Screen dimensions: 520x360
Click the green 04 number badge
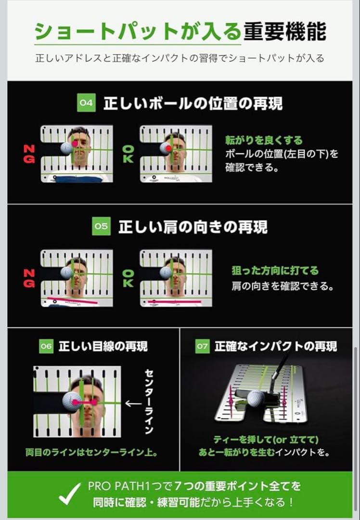pyautogui.click(x=87, y=104)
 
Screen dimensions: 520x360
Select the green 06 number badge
pyautogui.click(x=46, y=346)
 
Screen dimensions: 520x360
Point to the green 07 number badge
pyautogui.click(x=203, y=346)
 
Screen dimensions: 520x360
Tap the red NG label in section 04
pyautogui.click(x=29, y=154)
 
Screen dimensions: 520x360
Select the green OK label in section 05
pyautogui.click(x=128, y=278)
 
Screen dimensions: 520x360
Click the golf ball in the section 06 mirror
pyautogui.click(x=73, y=402)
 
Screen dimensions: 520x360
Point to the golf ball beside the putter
pyautogui.click(x=256, y=398)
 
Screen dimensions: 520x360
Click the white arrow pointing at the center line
pyautogui.click(x=133, y=403)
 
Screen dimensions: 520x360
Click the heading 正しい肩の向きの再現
pyautogui.click(x=193, y=227)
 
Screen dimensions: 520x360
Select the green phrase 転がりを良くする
pyautogui.click(x=264, y=141)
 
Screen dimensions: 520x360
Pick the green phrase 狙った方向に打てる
pyautogui.click(x=275, y=271)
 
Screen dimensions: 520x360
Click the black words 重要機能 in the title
pyautogui.click(x=284, y=32)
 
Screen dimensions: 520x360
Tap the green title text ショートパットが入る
pyautogui.click(x=137, y=32)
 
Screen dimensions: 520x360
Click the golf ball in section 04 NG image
pyautogui.click(x=66, y=148)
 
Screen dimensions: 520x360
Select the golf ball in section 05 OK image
pyautogui.click(x=166, y=273)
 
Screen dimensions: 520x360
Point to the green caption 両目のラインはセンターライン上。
pyautogui.click(x=92, y=453)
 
